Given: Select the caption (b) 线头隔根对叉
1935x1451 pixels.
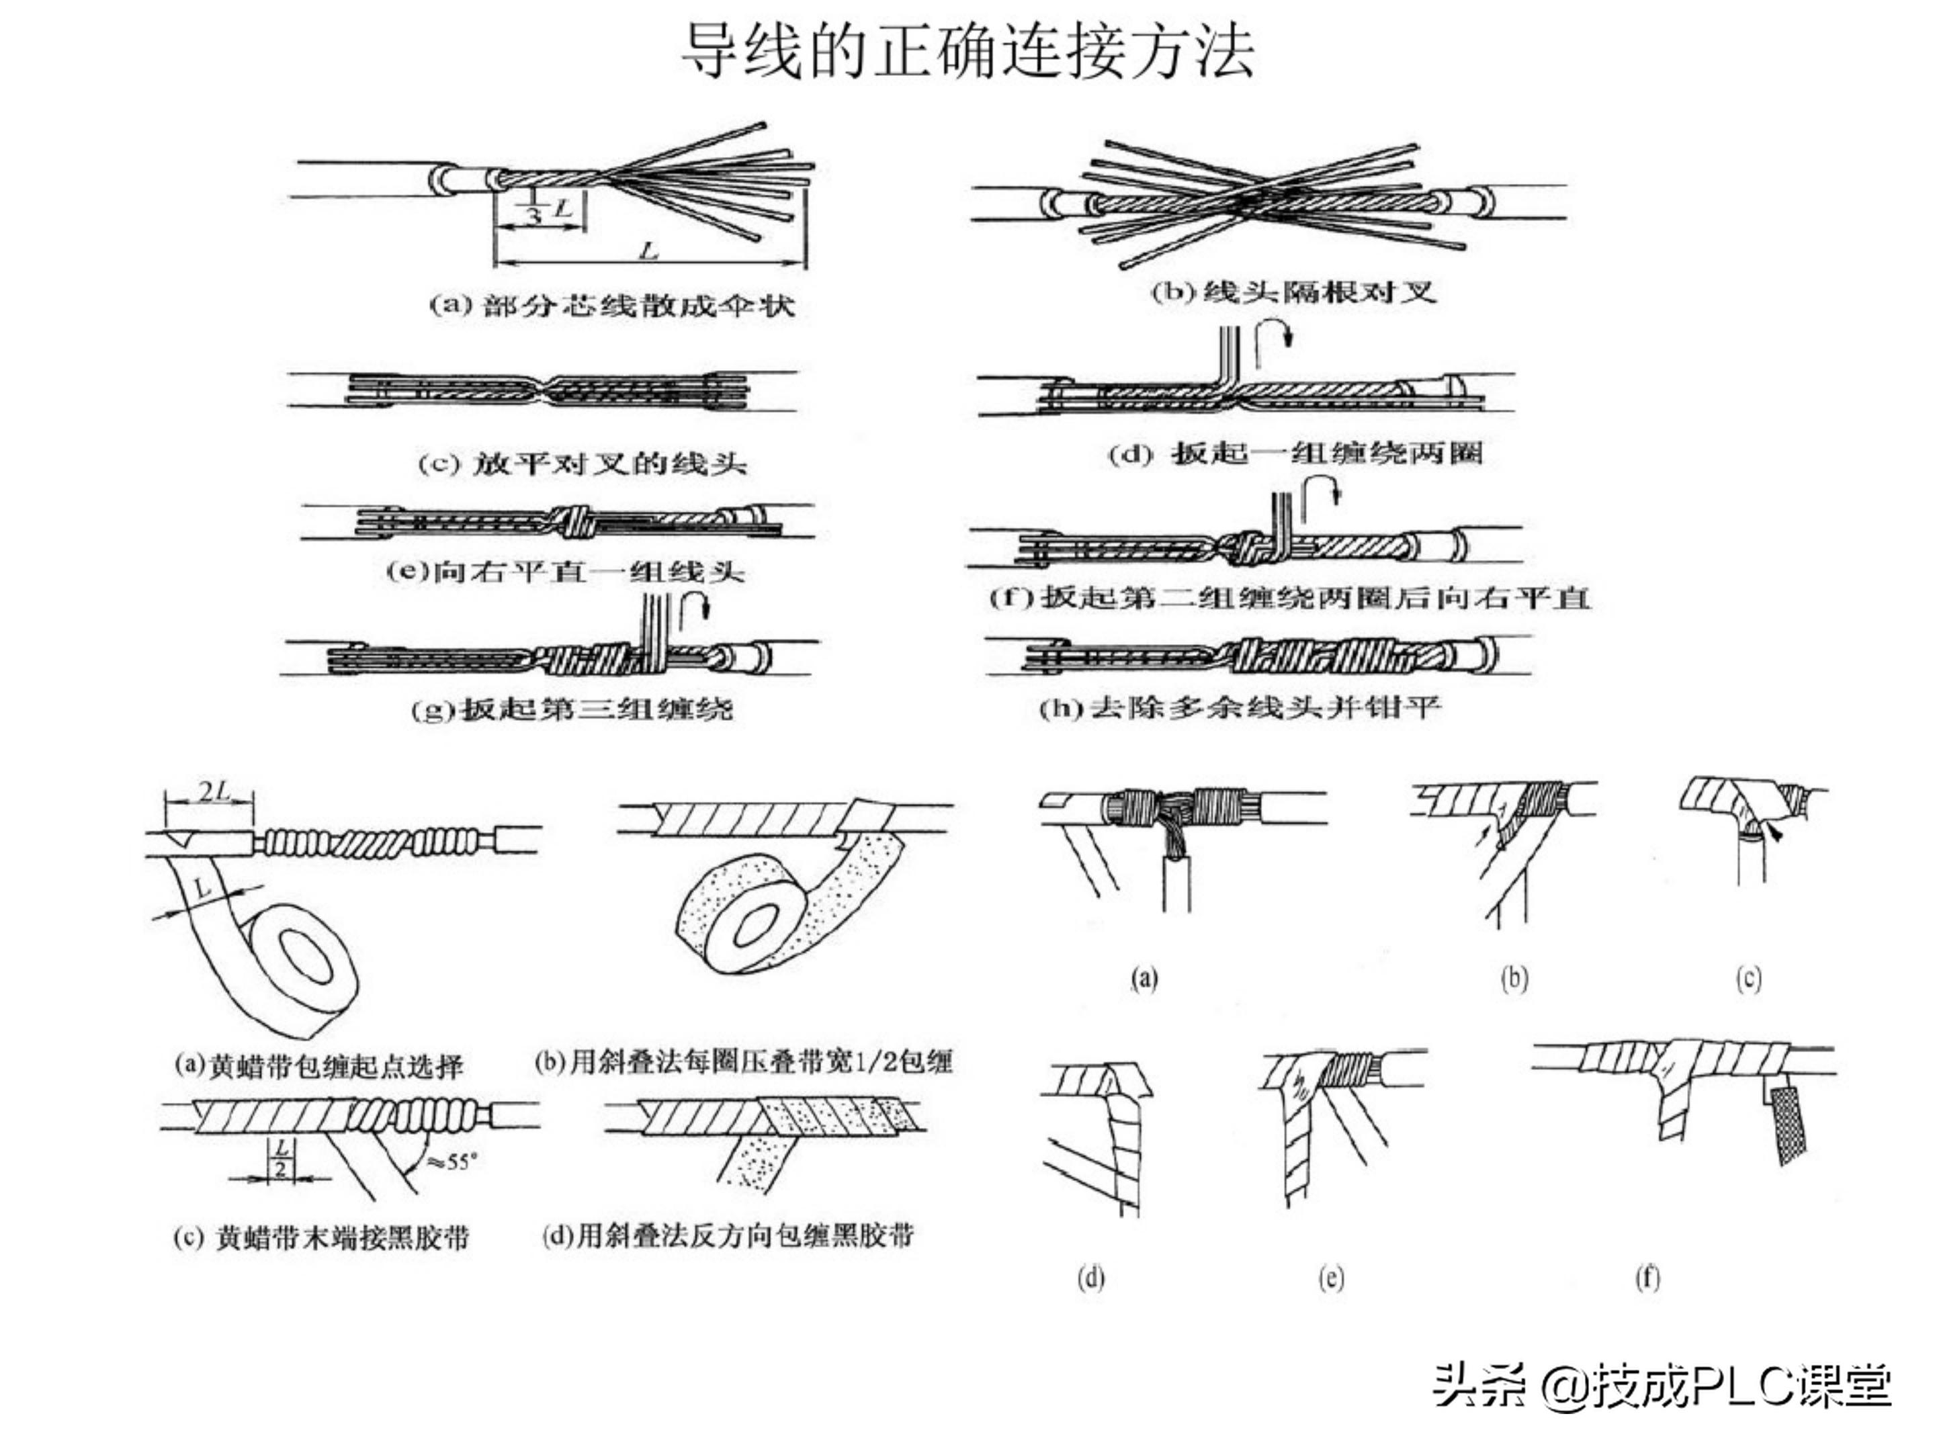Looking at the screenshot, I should [1293, 292].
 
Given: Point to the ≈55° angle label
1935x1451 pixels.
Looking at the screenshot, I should [452, 1162].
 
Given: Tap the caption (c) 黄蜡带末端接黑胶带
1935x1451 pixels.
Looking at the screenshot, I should [321, 1237].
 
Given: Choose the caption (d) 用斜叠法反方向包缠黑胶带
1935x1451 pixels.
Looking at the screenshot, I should [728, 1235].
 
